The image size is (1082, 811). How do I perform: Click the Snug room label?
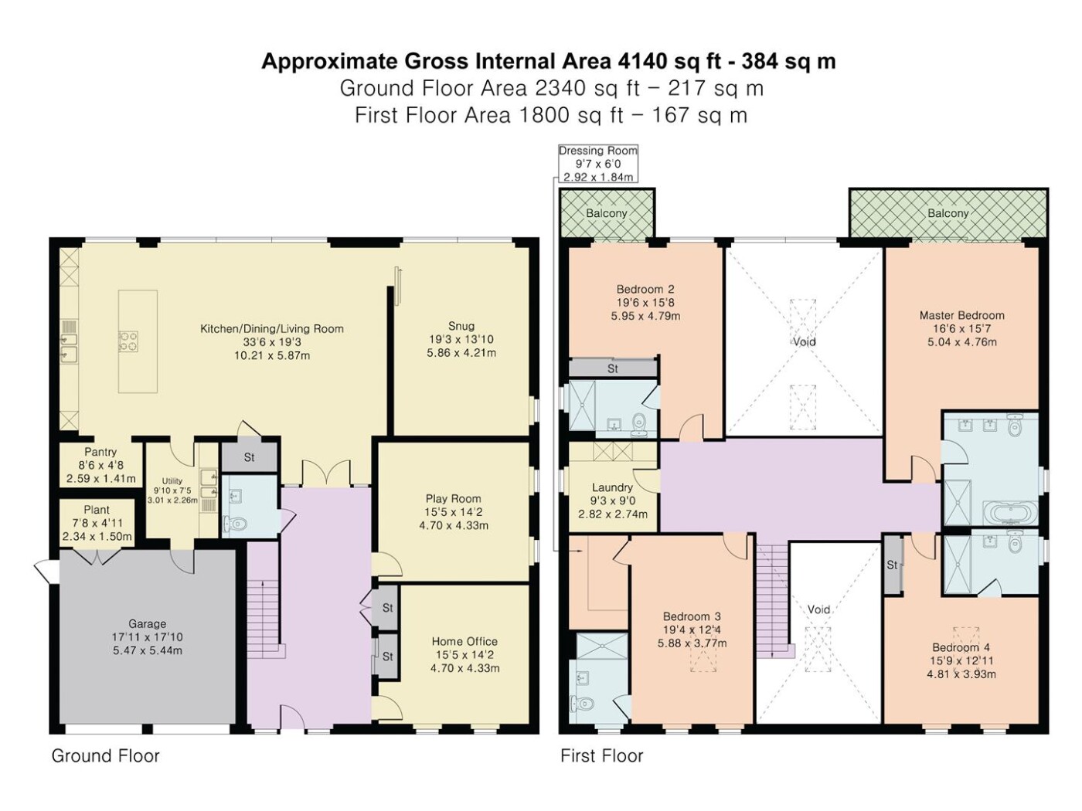[x=461, y=326]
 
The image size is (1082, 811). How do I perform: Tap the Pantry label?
[x=100, y=452]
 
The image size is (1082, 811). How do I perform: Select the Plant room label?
[x=97, y=510]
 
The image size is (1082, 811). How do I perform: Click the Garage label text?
[x=148, y=624]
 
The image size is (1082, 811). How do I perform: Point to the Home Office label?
[x=464, y=641]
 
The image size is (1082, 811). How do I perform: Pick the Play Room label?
[x=453, y=498]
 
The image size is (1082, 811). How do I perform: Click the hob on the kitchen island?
[x=128, y=341]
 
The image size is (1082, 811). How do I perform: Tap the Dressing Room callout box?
[x=598, y=164]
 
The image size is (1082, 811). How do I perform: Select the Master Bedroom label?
[x=961, y=315]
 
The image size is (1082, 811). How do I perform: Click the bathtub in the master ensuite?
[x=1010, y=513]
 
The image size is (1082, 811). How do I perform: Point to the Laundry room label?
[x=612, y=487]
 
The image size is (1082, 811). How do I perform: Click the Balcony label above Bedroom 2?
[x=607, y=213]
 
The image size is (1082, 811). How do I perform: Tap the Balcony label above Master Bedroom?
[x=948, y=213]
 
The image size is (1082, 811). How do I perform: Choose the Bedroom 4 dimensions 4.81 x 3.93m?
[x=961, y=674]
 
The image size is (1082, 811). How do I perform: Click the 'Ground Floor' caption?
[x=105, y=756]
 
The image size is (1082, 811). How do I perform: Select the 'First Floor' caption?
[x=602, y=756]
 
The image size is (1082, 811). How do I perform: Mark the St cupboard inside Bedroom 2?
[x=613, y=368]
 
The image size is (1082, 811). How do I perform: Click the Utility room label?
[x=172, y=481]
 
